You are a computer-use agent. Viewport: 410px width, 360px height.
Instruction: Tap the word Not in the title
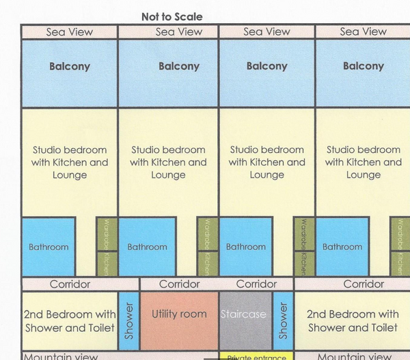coord(151,16)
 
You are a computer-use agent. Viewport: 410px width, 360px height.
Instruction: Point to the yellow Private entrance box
coord(256,356)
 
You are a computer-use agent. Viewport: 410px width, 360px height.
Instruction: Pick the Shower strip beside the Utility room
coord(128,320)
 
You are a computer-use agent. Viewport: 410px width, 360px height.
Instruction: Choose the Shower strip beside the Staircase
coord(283,320)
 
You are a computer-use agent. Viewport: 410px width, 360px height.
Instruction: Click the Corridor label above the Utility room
coord(179,283)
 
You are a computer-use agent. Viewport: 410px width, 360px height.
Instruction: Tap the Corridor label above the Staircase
coord(256,283)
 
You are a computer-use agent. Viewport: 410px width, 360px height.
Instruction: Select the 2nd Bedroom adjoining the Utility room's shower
coord(70,320)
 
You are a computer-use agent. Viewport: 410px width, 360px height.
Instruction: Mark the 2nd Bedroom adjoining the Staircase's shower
coord(352,320)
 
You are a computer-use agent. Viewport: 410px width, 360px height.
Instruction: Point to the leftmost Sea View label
coord(70,31)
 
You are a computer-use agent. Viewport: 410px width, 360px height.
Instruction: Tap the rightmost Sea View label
coord(363,31)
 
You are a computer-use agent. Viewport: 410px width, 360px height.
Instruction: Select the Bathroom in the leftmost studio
coord(49,247)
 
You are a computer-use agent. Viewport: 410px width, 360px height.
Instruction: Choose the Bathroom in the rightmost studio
coord(342,247)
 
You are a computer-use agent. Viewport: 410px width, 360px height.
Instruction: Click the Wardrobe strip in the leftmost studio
coord(106,234)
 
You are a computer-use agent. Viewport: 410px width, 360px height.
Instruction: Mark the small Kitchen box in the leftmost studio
coord(106,263)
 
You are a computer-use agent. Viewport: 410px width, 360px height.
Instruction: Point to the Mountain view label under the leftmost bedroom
coord(61,356)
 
